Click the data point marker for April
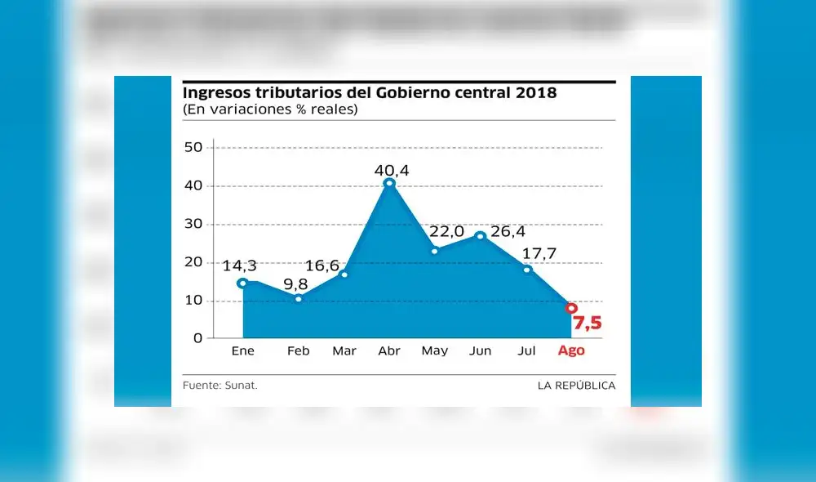point(389,183)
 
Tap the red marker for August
point(571,309)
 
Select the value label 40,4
point(392,170)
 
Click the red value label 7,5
point(587,324)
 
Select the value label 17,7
point(539,253)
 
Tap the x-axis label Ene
point(243,351)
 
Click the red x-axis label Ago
point(570,351)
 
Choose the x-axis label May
point(434,351)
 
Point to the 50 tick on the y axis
point(193,148)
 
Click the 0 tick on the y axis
point(198,337)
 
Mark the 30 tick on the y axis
point(193,224)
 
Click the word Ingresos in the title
point(215,93)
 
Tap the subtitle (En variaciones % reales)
point(269,109)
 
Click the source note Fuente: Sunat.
point(220,385)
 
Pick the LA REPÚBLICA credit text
point(576,385)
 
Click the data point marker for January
point(242,283)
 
